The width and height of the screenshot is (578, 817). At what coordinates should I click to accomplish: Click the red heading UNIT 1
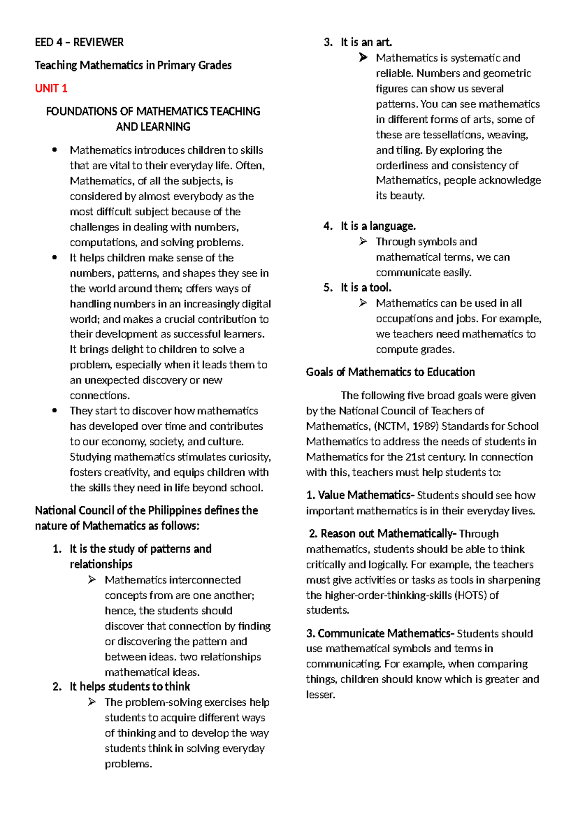tap(51, 88)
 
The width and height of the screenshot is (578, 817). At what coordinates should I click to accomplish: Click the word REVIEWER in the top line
tap(98, 42)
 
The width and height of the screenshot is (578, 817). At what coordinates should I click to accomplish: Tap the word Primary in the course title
tap(175, 65)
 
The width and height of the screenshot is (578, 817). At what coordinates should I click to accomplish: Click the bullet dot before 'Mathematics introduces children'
tap(54, 150)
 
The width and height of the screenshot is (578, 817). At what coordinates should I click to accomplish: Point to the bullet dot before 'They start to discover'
tap(54, 410)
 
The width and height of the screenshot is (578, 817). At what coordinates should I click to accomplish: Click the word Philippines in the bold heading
tap(174, 510)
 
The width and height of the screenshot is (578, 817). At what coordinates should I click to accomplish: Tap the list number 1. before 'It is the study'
tap(57, 549)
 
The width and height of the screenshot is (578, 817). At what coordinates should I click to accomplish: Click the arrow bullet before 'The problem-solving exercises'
tap(92, 702)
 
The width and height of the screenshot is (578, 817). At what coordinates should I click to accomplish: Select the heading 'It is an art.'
tap(366, 42)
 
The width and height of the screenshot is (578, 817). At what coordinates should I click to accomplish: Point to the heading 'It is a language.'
tap(378, 226)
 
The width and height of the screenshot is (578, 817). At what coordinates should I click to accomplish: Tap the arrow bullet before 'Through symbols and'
tap(363, 241)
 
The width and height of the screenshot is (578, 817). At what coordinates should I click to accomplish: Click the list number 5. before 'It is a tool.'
tap(328, 288)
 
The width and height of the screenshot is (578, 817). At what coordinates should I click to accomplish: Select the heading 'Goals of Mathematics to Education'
tap(390, 372)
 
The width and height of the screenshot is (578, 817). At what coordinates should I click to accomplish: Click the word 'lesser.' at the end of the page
tap(320, 695)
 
